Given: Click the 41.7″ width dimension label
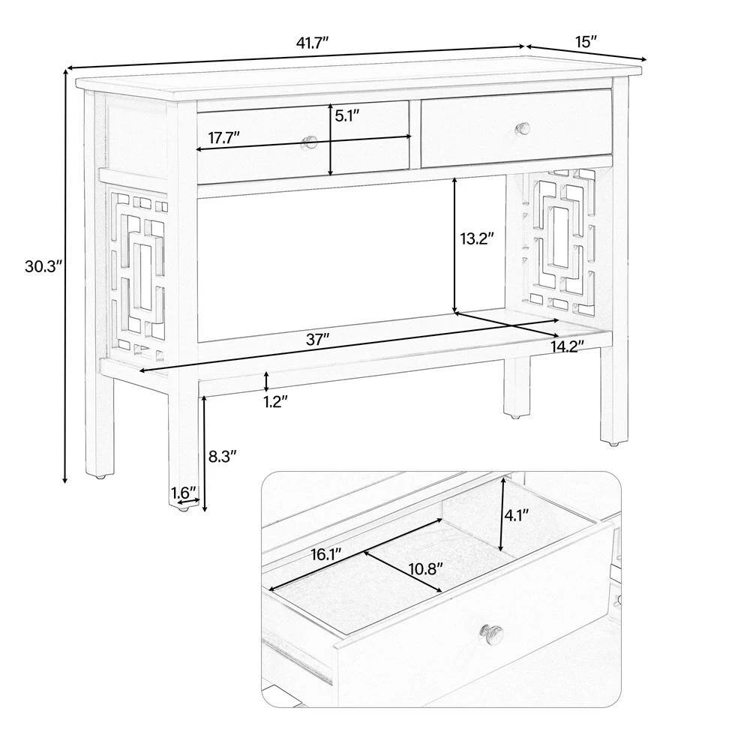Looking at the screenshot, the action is coord(312,43).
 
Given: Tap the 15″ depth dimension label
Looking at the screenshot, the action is coord(586,41).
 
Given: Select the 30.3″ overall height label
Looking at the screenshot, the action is coord(43,266).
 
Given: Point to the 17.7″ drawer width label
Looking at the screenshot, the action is coord(223,138).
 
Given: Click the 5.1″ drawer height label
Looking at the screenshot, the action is coord(346,115).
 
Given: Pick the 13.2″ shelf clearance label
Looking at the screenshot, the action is coord(477,238).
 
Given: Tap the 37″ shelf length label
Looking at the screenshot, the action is coord(317,340).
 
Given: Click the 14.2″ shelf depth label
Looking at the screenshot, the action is coord(567,346).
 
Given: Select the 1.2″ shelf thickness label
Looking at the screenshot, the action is coord(275,400).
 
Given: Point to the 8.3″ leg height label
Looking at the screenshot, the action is coord(223,456).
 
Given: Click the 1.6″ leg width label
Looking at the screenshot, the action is coord(184,491).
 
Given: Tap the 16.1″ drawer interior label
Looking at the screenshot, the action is coord(325,554).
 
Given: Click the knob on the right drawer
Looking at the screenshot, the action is coord(523,128).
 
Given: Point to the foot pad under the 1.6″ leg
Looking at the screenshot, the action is coord(182,510).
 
